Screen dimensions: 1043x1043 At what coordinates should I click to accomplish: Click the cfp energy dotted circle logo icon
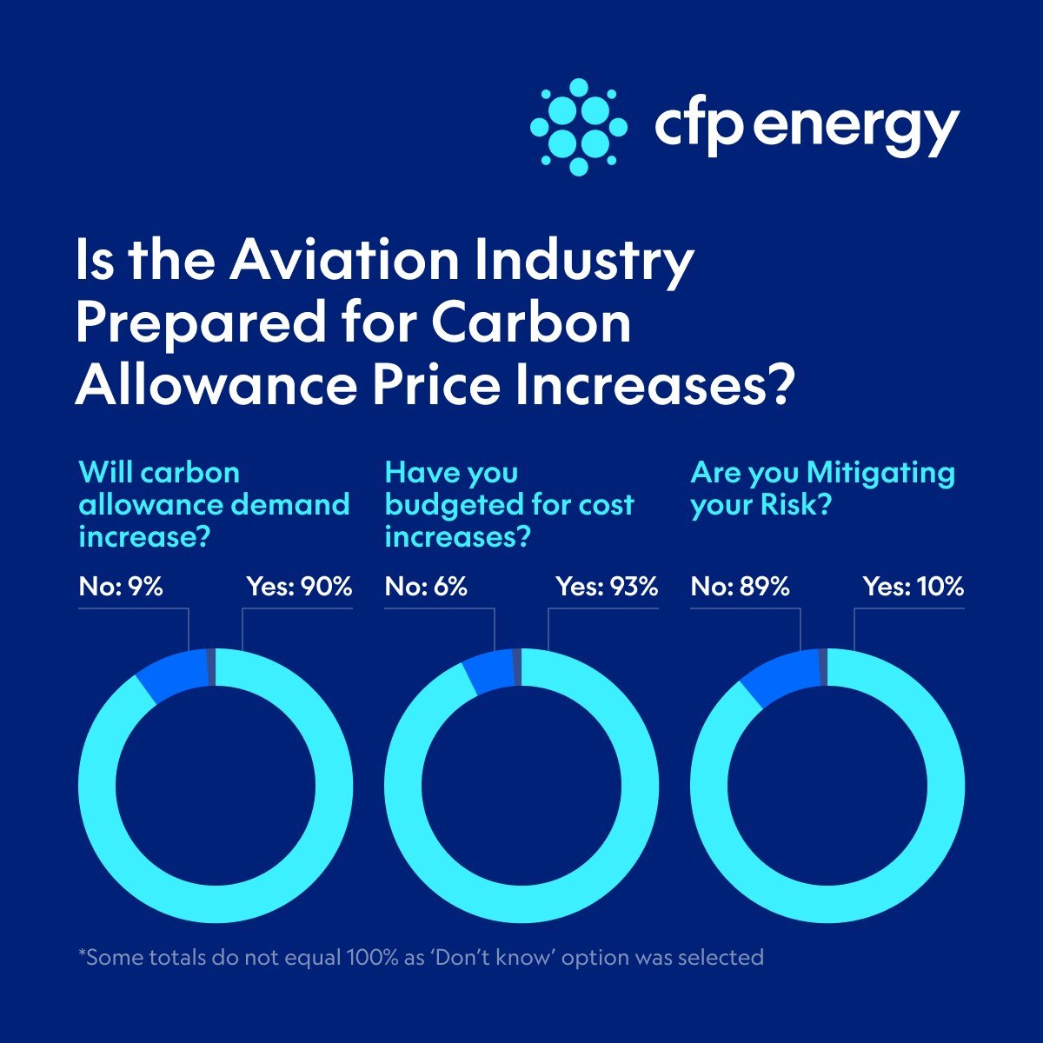(578, 126)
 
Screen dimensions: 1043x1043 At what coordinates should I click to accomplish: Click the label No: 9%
(121, 587)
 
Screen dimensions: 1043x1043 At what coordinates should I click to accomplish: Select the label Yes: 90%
(299, 587)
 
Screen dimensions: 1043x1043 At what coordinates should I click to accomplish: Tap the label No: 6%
(426, 587)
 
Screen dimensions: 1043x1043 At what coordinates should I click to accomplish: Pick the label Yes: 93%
(607, 587)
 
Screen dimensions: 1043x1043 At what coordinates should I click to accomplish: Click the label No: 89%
(740, 587)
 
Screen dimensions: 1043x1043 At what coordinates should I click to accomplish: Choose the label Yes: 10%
(913, 587)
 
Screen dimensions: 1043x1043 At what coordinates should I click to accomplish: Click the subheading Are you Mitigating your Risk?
(821, 488)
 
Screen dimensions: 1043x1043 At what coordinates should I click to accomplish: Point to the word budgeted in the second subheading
(449, 505)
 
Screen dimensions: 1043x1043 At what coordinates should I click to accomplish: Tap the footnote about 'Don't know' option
(421, 958)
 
